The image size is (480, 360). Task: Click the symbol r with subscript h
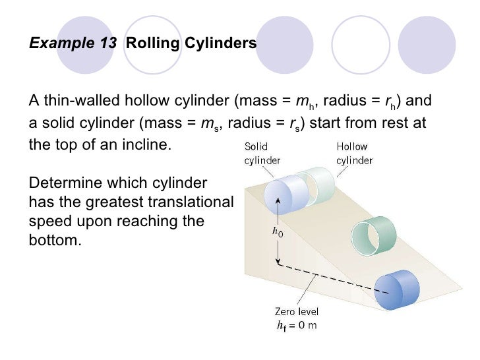[391, 103]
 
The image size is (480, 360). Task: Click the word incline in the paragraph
[150, 143]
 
